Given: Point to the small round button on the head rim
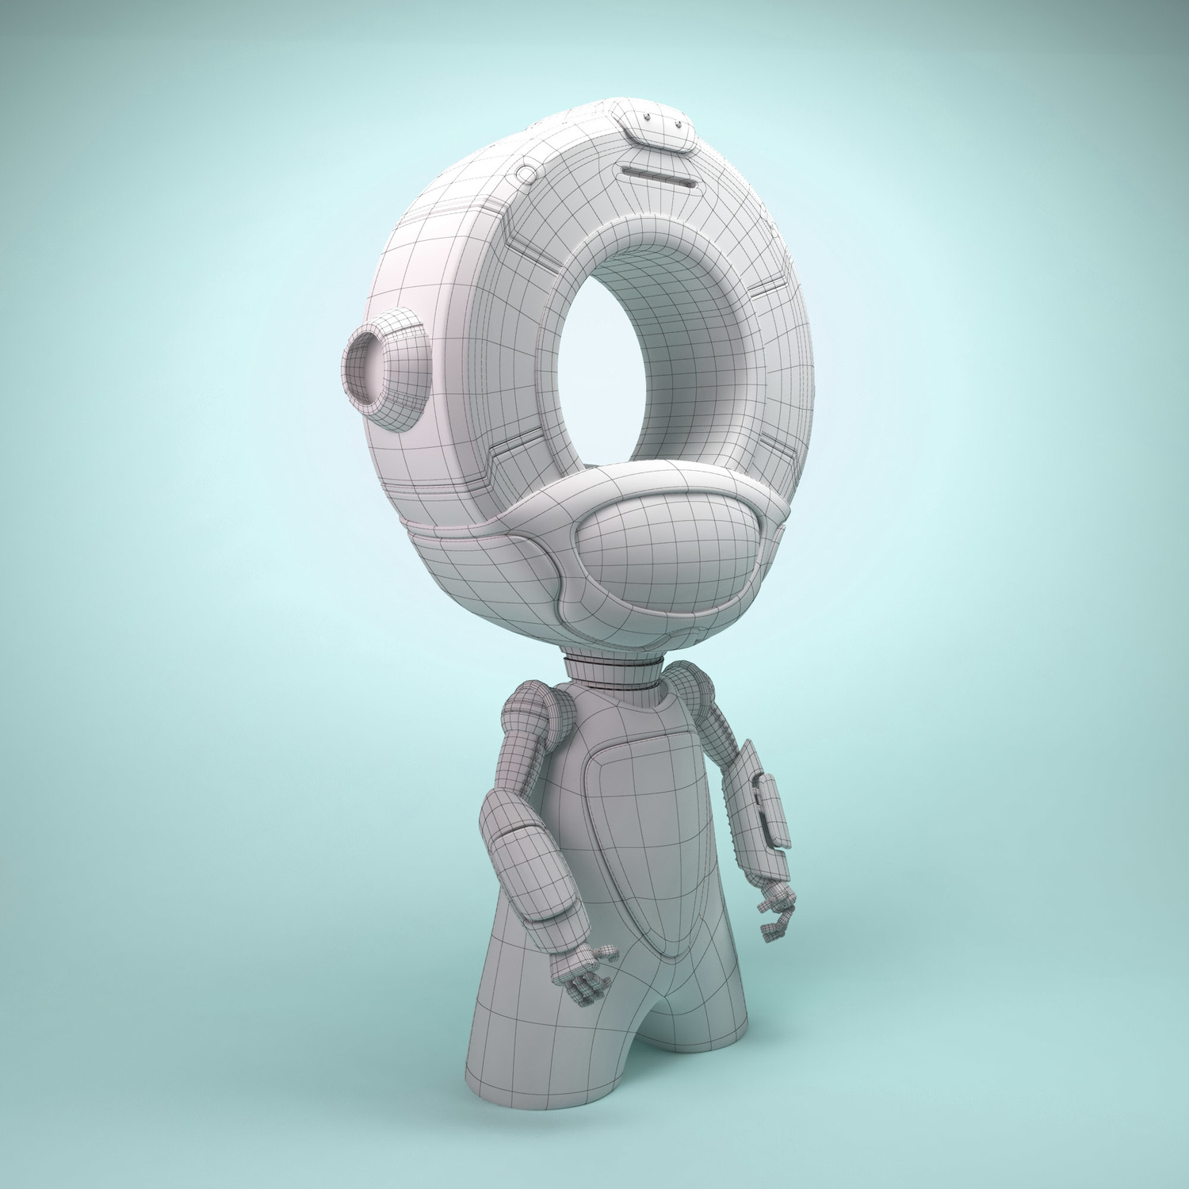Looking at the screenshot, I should (526, 172).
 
